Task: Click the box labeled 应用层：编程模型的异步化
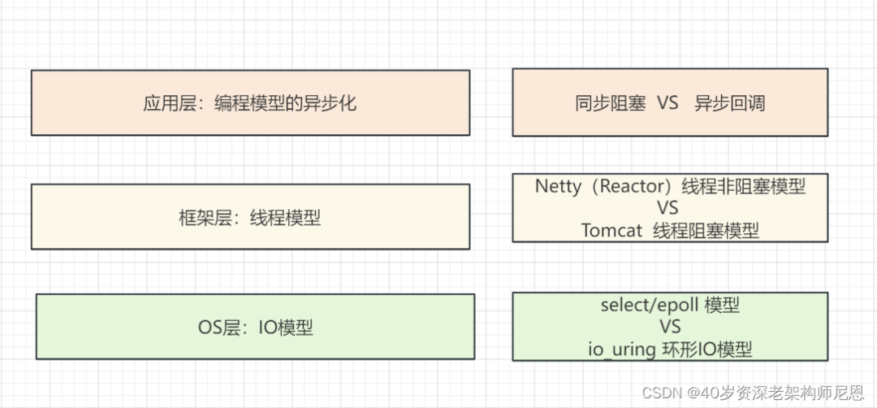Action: pos(250,102)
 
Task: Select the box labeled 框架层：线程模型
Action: pos(250,216)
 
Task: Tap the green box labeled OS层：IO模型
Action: pos(255,327)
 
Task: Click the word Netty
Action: pos(558,186)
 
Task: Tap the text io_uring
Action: pos(623,349)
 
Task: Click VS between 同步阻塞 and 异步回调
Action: pos(667,103)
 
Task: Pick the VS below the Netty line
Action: pos(669,208)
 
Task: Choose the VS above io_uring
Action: pos(670,328)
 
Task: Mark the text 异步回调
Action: pos(730,103)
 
